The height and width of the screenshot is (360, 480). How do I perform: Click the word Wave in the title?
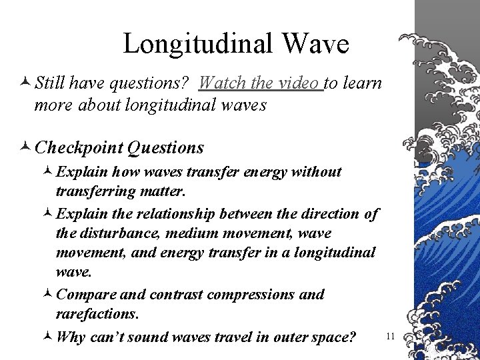[315, 44]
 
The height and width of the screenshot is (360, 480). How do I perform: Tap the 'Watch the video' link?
[259, 83]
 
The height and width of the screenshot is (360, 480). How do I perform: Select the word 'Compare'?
[84, 294]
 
